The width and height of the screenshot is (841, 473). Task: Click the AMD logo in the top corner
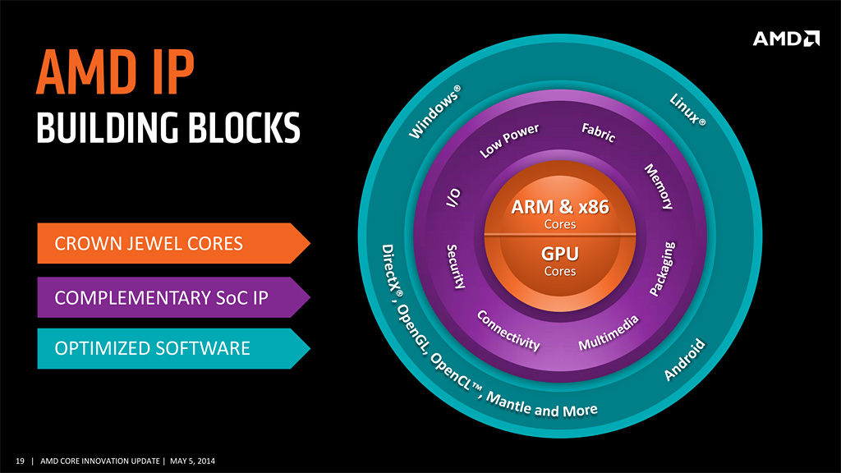point(786,38)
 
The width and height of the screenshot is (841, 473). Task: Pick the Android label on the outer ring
point(684,360)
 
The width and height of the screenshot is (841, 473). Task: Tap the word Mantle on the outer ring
point(509,403)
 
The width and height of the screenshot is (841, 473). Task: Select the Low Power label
point(509,141)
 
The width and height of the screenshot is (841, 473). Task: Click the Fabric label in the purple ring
point(599,132)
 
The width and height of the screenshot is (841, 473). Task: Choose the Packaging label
point(663,269)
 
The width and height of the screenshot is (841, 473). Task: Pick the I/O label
point(453,200)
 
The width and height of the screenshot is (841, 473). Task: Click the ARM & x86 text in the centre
point(560,207)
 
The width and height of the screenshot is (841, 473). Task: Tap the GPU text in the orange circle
point(560,254)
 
